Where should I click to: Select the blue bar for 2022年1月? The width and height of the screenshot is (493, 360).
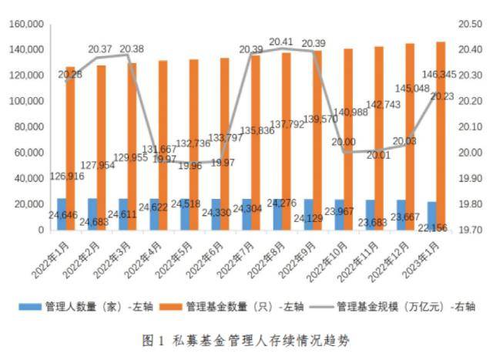click(62, 214)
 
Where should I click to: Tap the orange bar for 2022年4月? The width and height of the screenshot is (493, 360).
click(163, 146)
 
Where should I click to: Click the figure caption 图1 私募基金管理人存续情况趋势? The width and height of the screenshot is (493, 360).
click(251, 340)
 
